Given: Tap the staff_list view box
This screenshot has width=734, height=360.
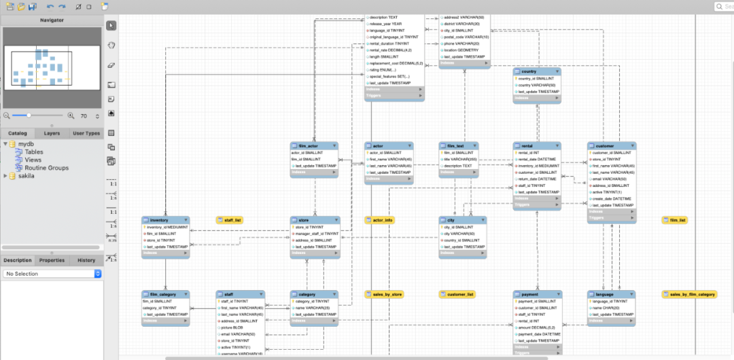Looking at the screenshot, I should pos(230,220).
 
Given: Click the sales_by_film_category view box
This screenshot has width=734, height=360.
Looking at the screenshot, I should pos(689,294).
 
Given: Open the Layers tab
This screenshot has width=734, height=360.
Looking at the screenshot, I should pos(52,133).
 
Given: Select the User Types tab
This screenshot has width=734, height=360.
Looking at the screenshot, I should pos(86,133).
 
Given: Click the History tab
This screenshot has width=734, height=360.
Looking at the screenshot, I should pos(86,260).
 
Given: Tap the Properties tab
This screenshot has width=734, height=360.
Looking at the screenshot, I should pos(52,260).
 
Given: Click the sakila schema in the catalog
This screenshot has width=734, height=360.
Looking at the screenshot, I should pos(27,176).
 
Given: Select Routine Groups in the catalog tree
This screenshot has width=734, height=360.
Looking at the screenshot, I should pos(46,168).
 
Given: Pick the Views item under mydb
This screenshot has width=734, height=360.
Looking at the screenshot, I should pos(33,160).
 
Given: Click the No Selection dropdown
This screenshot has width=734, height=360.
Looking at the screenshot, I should pos(52,274).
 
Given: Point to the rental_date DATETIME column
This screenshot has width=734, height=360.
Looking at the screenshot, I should pos(537,160).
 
